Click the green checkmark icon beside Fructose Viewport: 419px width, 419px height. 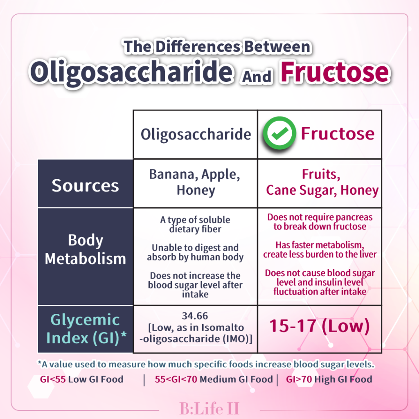pyautogui.click(x=279, y=133)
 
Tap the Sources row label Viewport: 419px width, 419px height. pyautogui.click(x=85, y=185)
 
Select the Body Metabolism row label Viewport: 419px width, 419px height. pyautogui.click(x=85, y=249)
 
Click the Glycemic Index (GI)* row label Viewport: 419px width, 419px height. pyautogui.click(x=86, y=329)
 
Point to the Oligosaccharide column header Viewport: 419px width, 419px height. pyautogui.click(x=196, y=134)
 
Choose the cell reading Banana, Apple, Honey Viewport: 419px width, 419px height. pyautogui.click(x=195, y=182)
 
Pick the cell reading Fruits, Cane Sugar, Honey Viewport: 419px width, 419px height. pyautogui.click(x=322, y=182)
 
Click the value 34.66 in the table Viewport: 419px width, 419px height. pyautogui.click(x=195, y=316)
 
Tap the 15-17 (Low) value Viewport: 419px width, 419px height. pyautogui.click(x=319, y=326)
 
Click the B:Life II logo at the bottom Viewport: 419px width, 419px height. pyautogui.click(x=209, y=408)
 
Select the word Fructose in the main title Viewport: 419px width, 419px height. pyautogui.click(x=335, y=72)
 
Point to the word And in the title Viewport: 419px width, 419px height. pyautogui.click(x=257, y=76)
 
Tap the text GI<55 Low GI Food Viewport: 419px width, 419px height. pyautogui.click(x=81, y=379)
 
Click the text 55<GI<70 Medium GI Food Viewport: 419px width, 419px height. pyautogui.click(x=214, y=379)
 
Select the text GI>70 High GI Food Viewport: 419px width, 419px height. pyautogui.click(x=329, y=379)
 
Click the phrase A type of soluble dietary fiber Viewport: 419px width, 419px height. pyautogui.click(x=195, y=225)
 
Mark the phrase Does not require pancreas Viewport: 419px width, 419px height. pyautogui.click(x=320, y=217)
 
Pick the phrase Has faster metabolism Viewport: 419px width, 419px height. pyautogui.click(x=320, y=245)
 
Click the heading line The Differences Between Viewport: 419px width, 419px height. pyautogui.click(x=217, y=47)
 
